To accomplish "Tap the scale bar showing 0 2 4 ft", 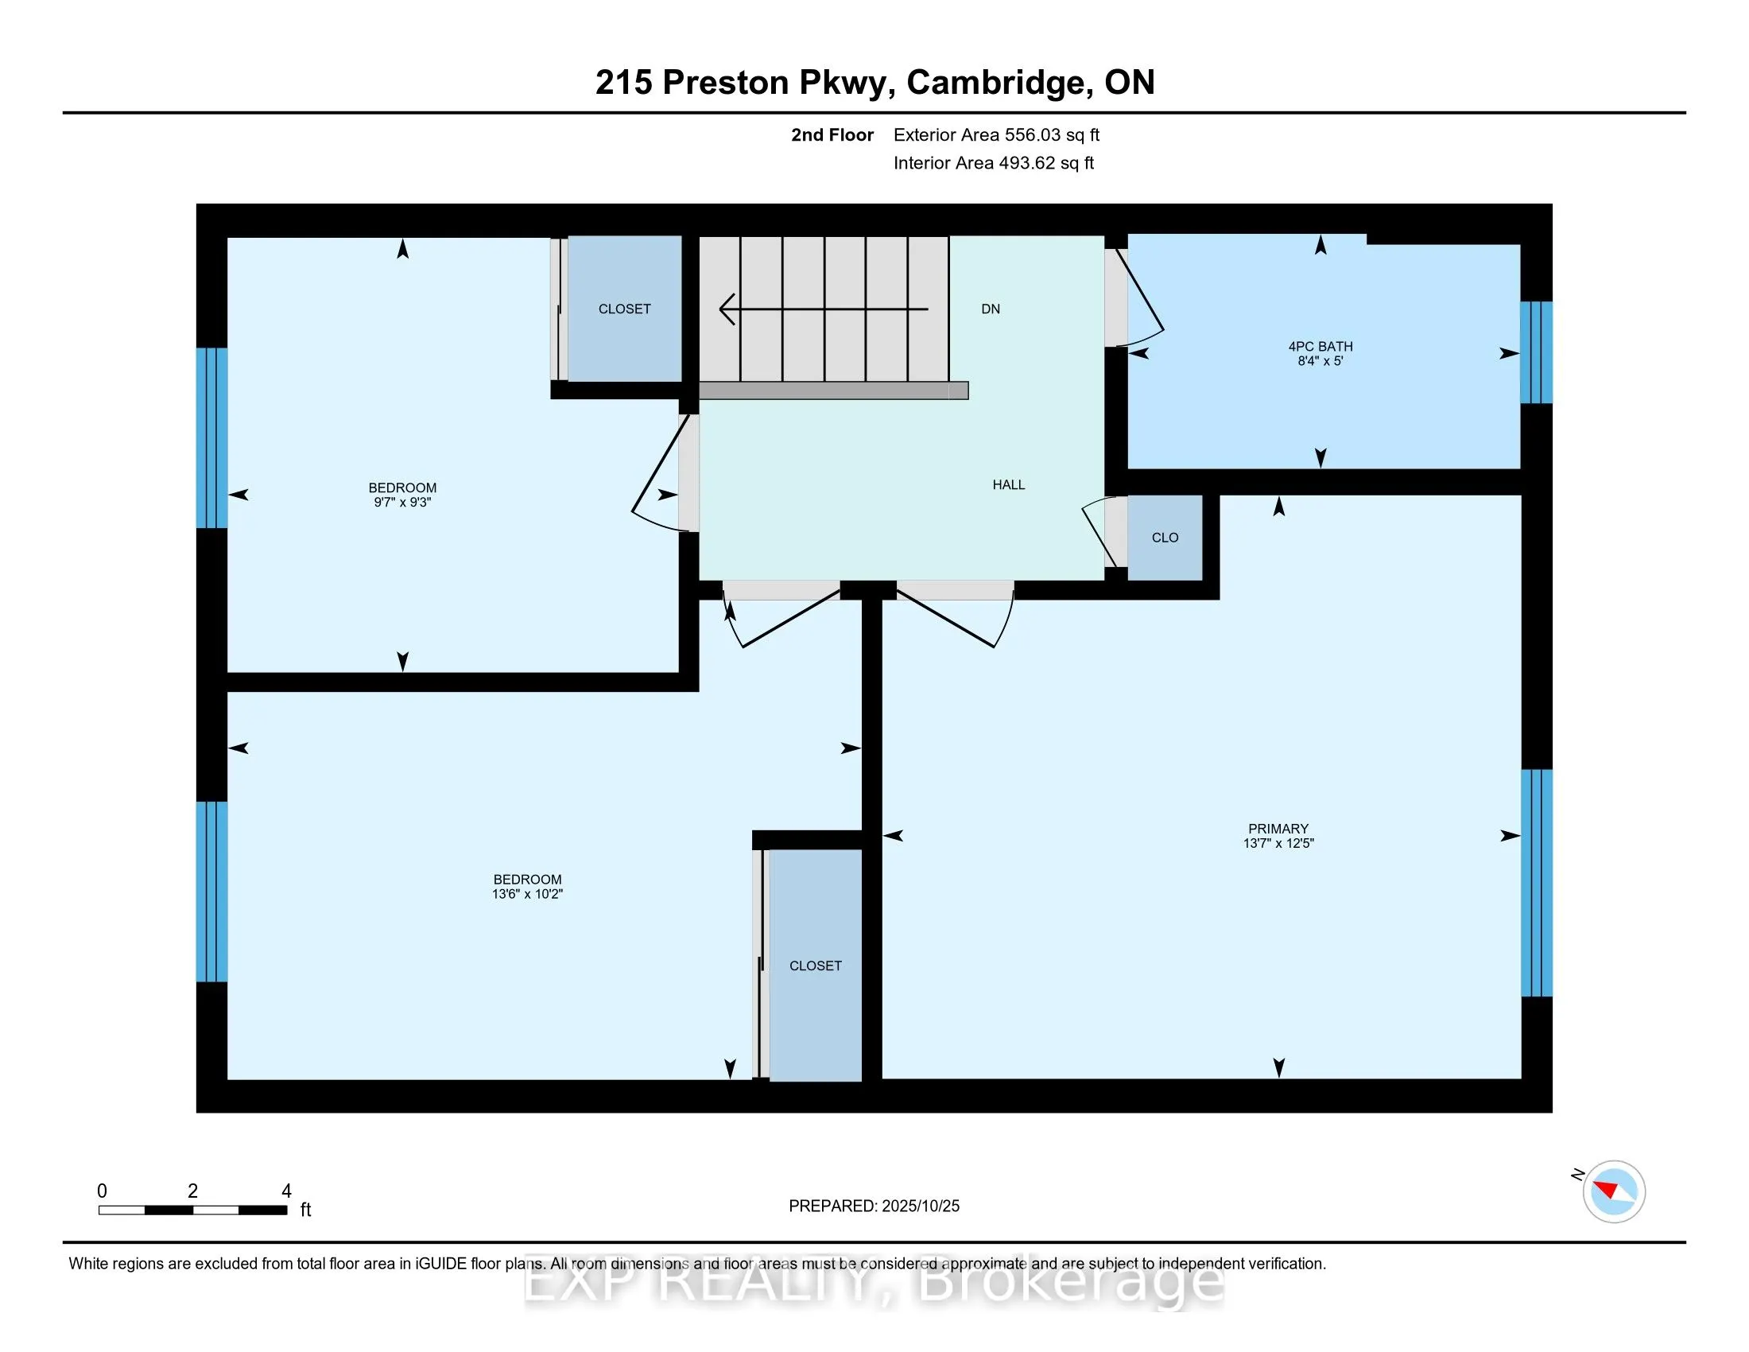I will tap(192, 1210).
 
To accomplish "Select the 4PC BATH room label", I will tap(1320, 346).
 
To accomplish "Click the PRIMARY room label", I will tap(1278, 828).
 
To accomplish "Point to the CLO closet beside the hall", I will tap(1165, 538).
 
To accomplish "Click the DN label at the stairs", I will tap(990, 309).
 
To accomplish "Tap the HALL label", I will tap(1008, 484).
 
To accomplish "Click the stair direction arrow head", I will tap(727, 309).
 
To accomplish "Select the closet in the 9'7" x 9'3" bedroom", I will tap(624, 309).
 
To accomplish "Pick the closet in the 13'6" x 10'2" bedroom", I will tap(815, 965).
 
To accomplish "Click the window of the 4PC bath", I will tap(1535, 352).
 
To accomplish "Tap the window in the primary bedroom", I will tap(1535, 883).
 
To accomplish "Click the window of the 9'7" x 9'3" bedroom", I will tap(212, 437).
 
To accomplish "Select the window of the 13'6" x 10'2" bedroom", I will tap(212, 892).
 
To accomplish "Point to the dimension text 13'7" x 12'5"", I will tap(1278, 843).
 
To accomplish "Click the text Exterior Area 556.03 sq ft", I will tap(996, 135).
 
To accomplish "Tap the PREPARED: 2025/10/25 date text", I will tap(874, 1206).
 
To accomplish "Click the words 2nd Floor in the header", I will tap(832, 135).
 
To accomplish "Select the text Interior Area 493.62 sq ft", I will tap(993, 163).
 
